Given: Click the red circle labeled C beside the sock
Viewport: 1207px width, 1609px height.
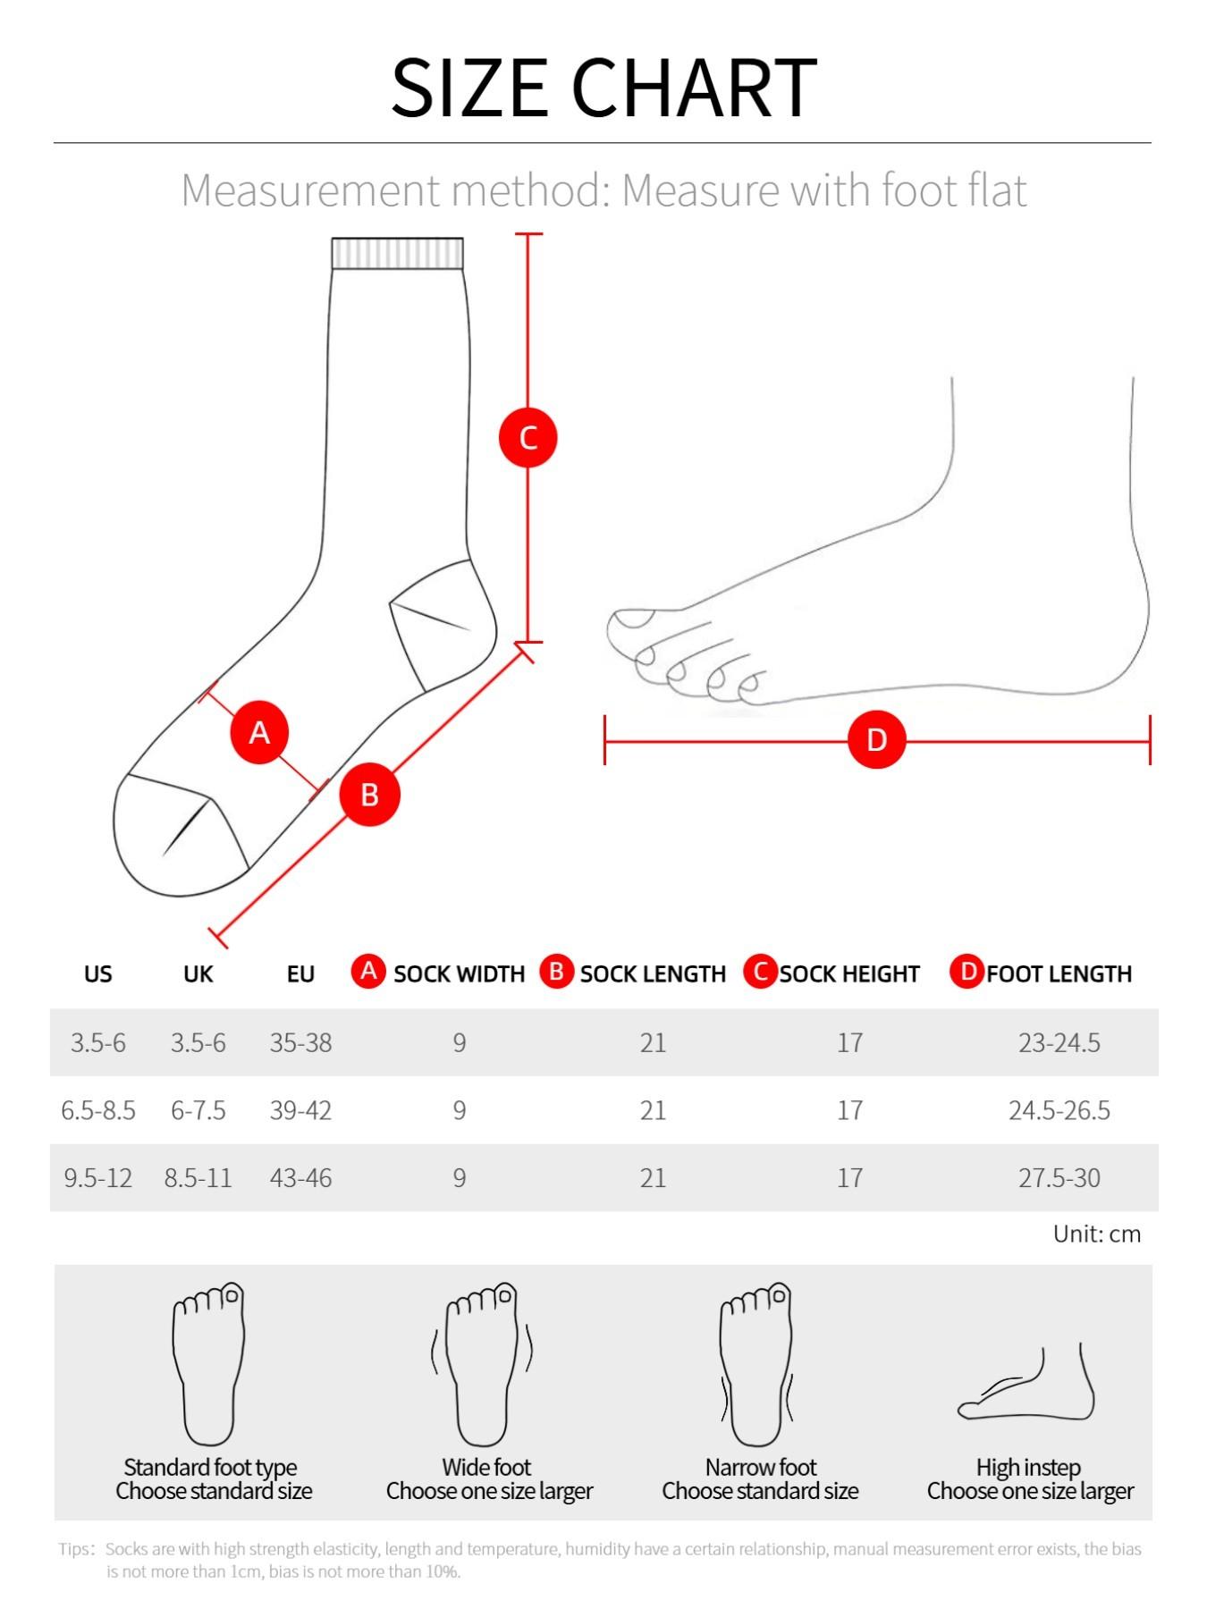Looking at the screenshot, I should coord(528,438).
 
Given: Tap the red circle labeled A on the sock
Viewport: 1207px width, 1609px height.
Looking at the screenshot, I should coord(259,733).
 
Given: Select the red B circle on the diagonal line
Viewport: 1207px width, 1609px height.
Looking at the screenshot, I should coord(369,795).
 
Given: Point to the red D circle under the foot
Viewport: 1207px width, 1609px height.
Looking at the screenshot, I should coord(876,740).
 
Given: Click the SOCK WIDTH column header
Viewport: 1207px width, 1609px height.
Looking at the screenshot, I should coord(459,973).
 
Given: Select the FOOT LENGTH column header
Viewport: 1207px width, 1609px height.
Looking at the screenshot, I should coord(1059,973).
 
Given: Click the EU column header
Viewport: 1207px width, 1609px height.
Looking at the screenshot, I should coord(300,973).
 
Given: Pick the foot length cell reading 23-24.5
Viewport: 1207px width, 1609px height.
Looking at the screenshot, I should coord(1059,1042).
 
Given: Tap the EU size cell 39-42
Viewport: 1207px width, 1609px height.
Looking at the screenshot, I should coord(300,1110).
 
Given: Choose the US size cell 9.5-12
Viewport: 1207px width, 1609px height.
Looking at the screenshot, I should coord(97,1178).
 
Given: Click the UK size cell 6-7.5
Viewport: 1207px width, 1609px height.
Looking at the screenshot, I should coord(198,1110).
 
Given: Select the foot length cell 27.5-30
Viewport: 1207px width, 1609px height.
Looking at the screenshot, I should coord(1059,1178).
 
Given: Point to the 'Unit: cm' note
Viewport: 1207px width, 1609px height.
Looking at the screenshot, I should coord(1096,1234).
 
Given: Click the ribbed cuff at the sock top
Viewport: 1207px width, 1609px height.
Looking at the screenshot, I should coord(397,254).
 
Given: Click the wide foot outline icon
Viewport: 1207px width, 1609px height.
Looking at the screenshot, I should coord(483,1363).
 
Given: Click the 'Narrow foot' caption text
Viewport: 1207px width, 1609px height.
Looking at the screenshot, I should coord(761,1467).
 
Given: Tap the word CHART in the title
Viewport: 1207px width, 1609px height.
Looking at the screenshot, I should coord(694,88).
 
